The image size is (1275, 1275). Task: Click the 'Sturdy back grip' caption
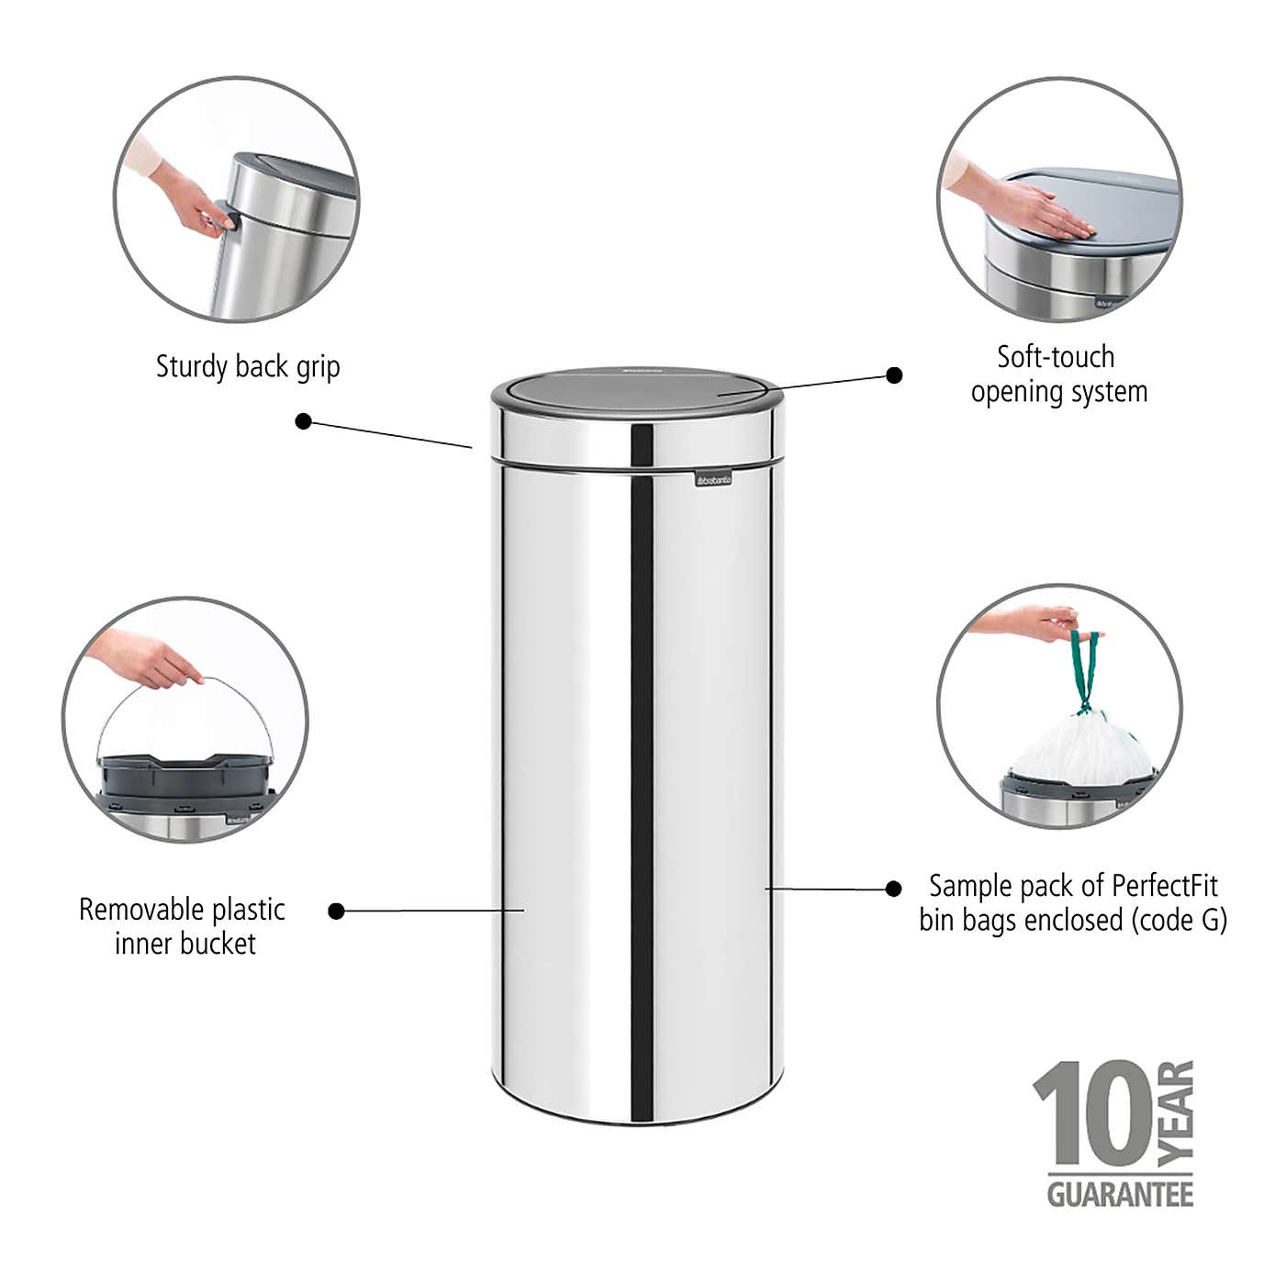click(248, 366)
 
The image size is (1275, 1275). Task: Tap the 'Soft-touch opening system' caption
click(1058, 374)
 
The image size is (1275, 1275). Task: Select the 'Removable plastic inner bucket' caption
click(183, 926)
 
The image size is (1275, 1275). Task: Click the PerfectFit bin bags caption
click(1072, 902)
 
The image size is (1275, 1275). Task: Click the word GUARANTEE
click(1120, 1193)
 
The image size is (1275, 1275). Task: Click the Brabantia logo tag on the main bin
click(712, 479)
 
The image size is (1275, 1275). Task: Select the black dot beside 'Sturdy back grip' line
click(304, 421)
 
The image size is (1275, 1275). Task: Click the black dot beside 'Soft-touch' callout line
click(894, 375)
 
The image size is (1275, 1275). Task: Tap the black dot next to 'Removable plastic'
click(337, 911)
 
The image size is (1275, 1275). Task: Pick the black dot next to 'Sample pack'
click(893, 888)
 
